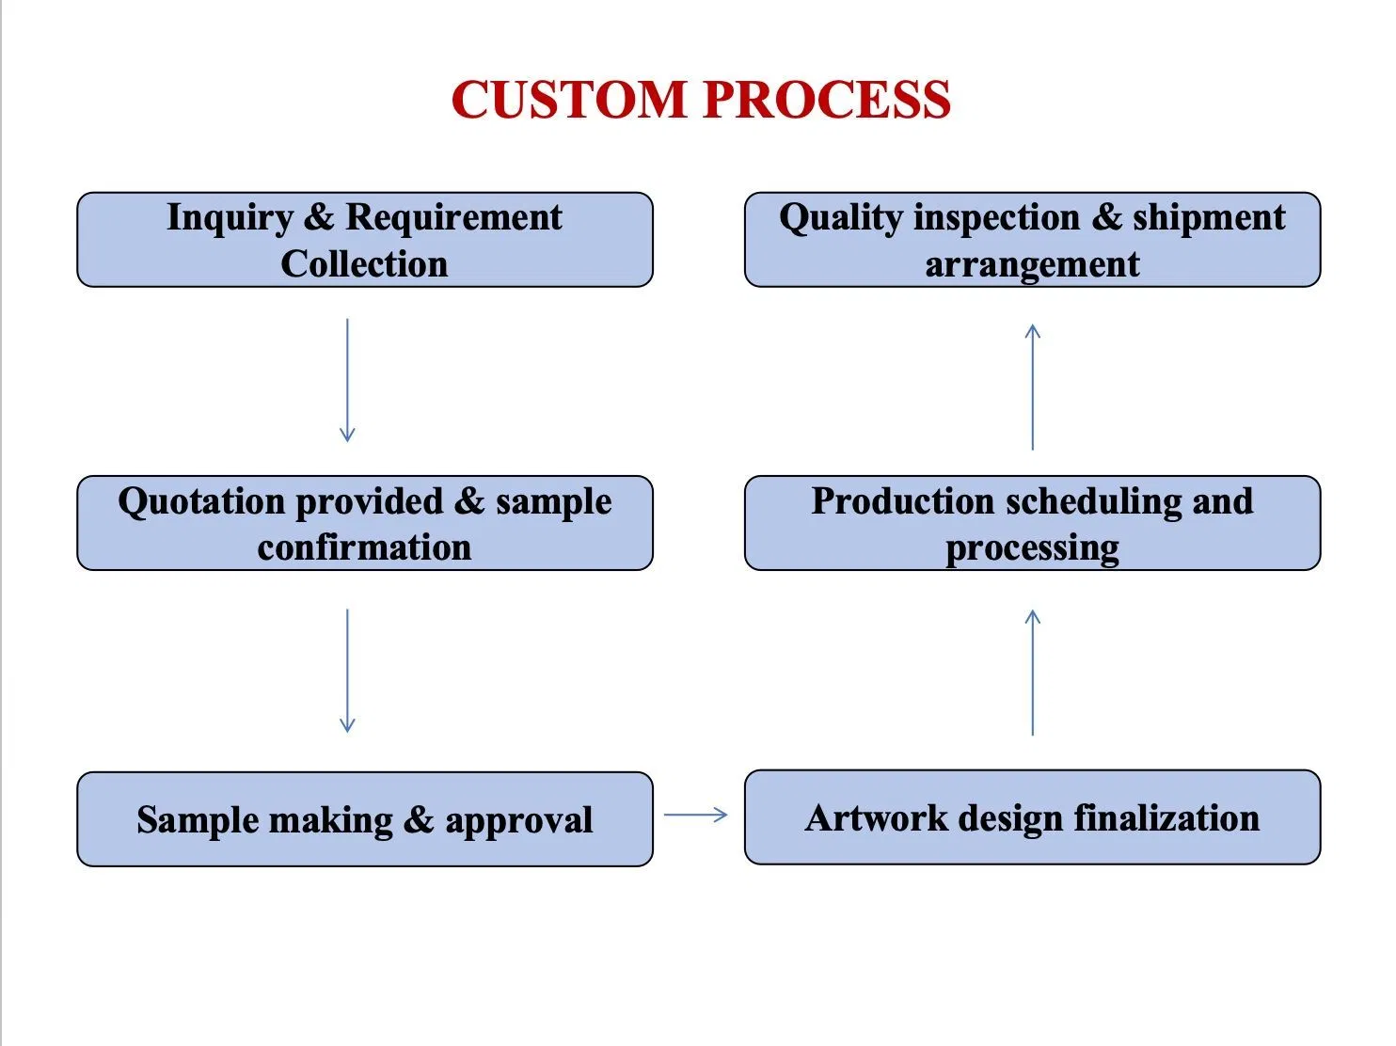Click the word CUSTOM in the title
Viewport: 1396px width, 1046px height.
coord(570,100)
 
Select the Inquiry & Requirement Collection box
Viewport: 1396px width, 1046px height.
coord(365,240)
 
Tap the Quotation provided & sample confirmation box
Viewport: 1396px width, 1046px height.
coord(365,523)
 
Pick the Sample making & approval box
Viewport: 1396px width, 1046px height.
coord(365,819)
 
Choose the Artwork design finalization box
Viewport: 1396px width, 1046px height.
coord(1032,817)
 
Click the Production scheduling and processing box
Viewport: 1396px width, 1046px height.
coord(1032,523)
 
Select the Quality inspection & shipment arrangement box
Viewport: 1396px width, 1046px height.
coord(1032,240)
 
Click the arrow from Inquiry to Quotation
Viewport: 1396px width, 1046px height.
coord(347,380)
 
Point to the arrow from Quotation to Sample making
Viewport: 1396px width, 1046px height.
coord(347,671)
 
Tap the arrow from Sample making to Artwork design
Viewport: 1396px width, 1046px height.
coord(696,815)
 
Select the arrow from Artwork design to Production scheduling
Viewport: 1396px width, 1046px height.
coord(1032,673)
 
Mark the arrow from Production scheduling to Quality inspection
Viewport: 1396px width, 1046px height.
coord(1032,387)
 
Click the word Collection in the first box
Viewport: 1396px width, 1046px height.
coord(364,264)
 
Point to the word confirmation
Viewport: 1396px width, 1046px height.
coord(364,547)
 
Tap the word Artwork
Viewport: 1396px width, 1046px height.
coord(876,818)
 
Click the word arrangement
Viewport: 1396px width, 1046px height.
coord(1032,265)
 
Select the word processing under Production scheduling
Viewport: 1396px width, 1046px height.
coord(1032,548)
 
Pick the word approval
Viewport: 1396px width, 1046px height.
coord(518,821)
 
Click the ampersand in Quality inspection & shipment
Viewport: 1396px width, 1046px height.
coord(1106,217)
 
